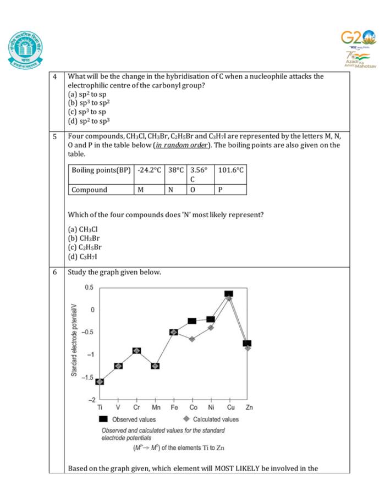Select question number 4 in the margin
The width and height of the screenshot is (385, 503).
(x=55, y=76)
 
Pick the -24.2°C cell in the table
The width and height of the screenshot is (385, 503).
(x=150, y=170)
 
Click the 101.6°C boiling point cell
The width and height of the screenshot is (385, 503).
(x=230, y=170)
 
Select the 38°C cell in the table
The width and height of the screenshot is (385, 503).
(x=176, y=170)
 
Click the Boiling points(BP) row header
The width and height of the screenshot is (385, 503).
(x=101, y=170)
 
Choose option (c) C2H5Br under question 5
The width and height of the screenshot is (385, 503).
(x=85, y=247)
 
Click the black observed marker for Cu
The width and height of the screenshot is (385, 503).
(x=229, y=294)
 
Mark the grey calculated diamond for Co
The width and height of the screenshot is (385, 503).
(x=193, y=339)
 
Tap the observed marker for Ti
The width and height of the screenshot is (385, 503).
(x=100, y=382)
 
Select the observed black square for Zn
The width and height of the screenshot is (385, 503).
(x=248, y=343)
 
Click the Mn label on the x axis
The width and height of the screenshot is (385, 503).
(x=156, y=407)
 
